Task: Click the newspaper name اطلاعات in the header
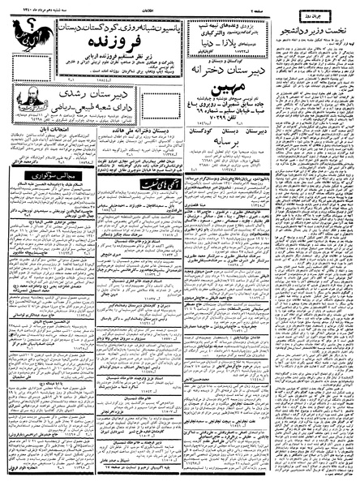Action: pos(178,6)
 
